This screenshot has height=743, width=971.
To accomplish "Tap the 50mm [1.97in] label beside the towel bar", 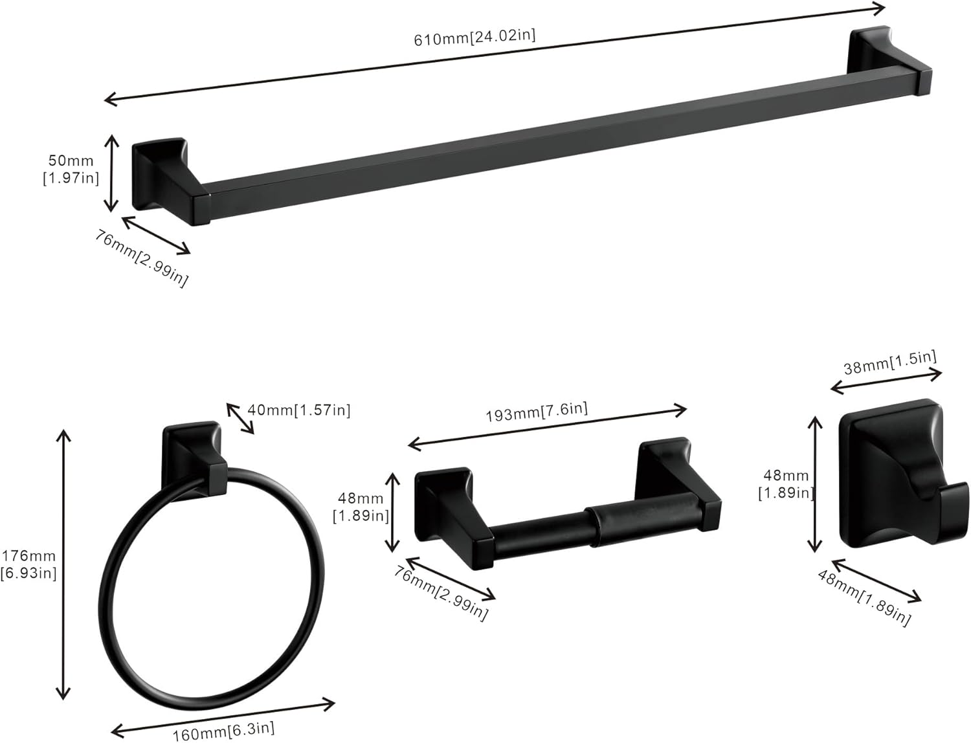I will [x=71, y=170].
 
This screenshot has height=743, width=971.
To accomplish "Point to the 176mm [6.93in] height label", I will [x=28, y=564].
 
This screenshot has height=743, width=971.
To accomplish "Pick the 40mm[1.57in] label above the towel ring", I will [x=298, y=410].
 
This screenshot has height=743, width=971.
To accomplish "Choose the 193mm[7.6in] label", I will [x=537, y=412].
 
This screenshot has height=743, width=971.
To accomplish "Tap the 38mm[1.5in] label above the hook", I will [x=889, y=362].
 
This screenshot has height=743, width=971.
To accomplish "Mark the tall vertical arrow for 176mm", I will [x=63, y=564].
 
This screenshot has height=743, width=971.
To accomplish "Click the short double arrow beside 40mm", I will [x=240, y=418].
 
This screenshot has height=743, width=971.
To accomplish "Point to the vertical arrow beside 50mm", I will [x=112, y=173].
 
